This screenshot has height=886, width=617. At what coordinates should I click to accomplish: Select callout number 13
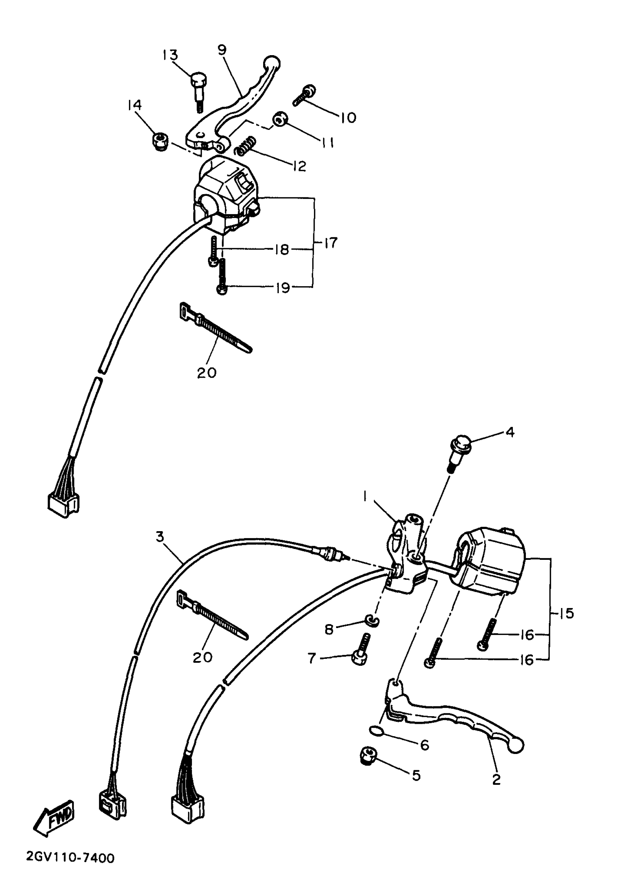point(170,55)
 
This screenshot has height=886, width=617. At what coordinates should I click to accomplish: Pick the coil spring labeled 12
point(246,146)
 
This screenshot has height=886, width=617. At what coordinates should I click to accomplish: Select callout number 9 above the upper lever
point(222,50)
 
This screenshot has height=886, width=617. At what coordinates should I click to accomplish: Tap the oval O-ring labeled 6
point(376,730)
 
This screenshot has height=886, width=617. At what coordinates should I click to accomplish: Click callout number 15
point(567,613)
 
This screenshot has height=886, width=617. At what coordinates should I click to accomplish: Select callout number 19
point(283,287)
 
